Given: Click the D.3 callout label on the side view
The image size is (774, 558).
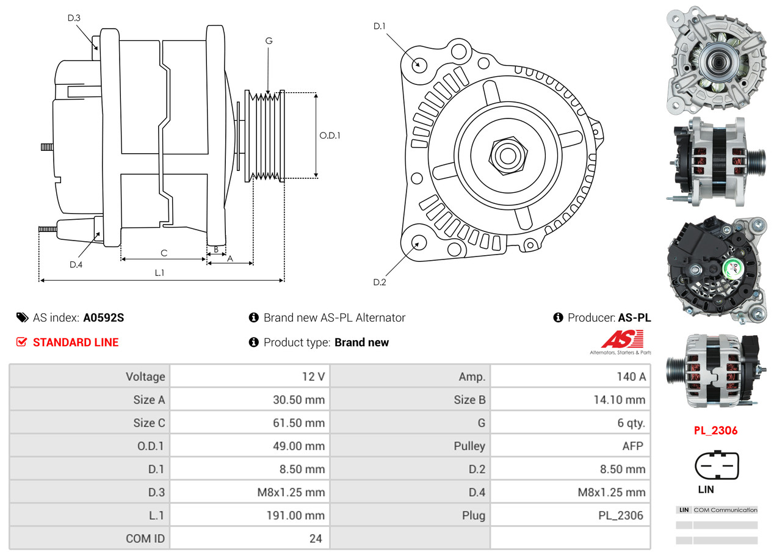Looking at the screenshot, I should [74, 18].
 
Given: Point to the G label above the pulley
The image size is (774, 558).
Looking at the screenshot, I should [269, 41].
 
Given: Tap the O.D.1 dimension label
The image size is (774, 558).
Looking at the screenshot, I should [330, 136].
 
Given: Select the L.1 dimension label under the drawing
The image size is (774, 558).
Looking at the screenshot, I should [159, 273].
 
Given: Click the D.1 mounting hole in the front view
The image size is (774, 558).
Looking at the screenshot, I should [419, 64].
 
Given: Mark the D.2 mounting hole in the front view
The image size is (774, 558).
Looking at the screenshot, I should [419, 242].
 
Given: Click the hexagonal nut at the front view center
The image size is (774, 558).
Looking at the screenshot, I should [506, 155].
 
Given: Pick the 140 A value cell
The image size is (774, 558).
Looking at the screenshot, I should [631, 377].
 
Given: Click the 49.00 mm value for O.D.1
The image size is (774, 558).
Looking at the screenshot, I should [298, 446].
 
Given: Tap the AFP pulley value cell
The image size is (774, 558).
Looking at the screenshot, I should [632, 446].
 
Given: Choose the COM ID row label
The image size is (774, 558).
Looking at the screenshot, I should [145, 538].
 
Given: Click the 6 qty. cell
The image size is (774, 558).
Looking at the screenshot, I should [631, 422].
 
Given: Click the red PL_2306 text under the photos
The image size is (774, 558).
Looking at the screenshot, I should [715, 430].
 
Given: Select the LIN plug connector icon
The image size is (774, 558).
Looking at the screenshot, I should [717, 466].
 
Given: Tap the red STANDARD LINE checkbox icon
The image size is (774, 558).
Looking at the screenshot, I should [21, 342].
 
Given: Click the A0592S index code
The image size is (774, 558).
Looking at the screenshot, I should [104, 317].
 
